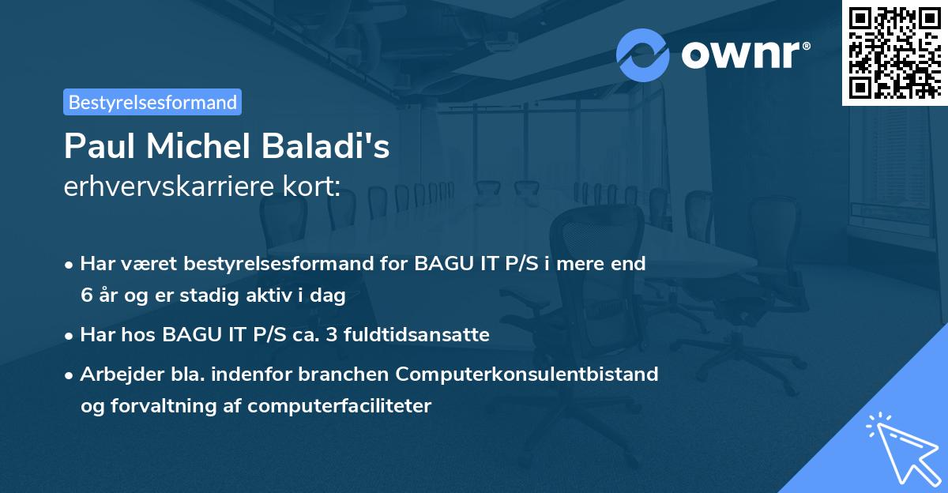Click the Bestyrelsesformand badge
coord(152,102)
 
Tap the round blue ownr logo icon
coord(642,55)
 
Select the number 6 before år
coord(85,296)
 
